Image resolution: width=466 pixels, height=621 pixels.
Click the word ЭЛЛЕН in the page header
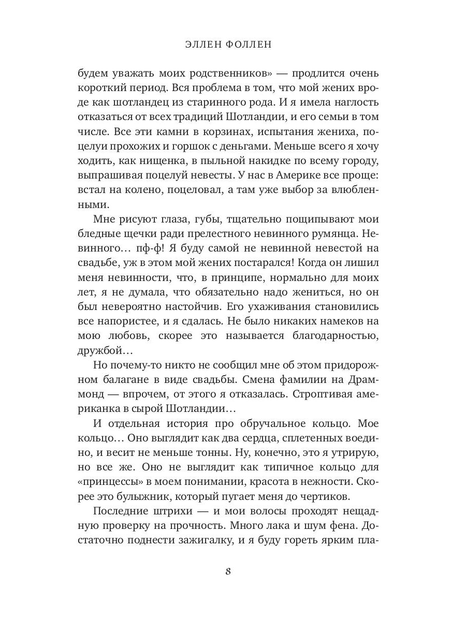coord(205,45)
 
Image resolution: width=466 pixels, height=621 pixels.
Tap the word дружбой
coord(101,350)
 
